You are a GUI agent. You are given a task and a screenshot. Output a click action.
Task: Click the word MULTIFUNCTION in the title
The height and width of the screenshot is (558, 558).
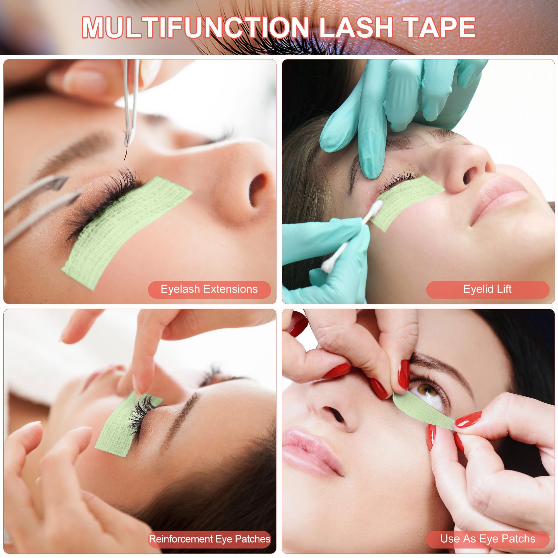click(196, 27)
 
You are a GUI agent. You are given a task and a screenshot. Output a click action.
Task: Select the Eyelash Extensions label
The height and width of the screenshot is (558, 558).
click(209, 289)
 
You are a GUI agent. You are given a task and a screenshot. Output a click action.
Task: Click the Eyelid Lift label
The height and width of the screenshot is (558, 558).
click(487, 289)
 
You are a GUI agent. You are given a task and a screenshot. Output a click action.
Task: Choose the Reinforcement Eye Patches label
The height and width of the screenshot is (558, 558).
click(210, 539)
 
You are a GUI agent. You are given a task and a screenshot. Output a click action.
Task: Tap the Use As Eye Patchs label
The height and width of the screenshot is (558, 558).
click(487, 539)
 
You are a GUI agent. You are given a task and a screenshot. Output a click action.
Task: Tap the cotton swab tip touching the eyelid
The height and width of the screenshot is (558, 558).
click(377, 206)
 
